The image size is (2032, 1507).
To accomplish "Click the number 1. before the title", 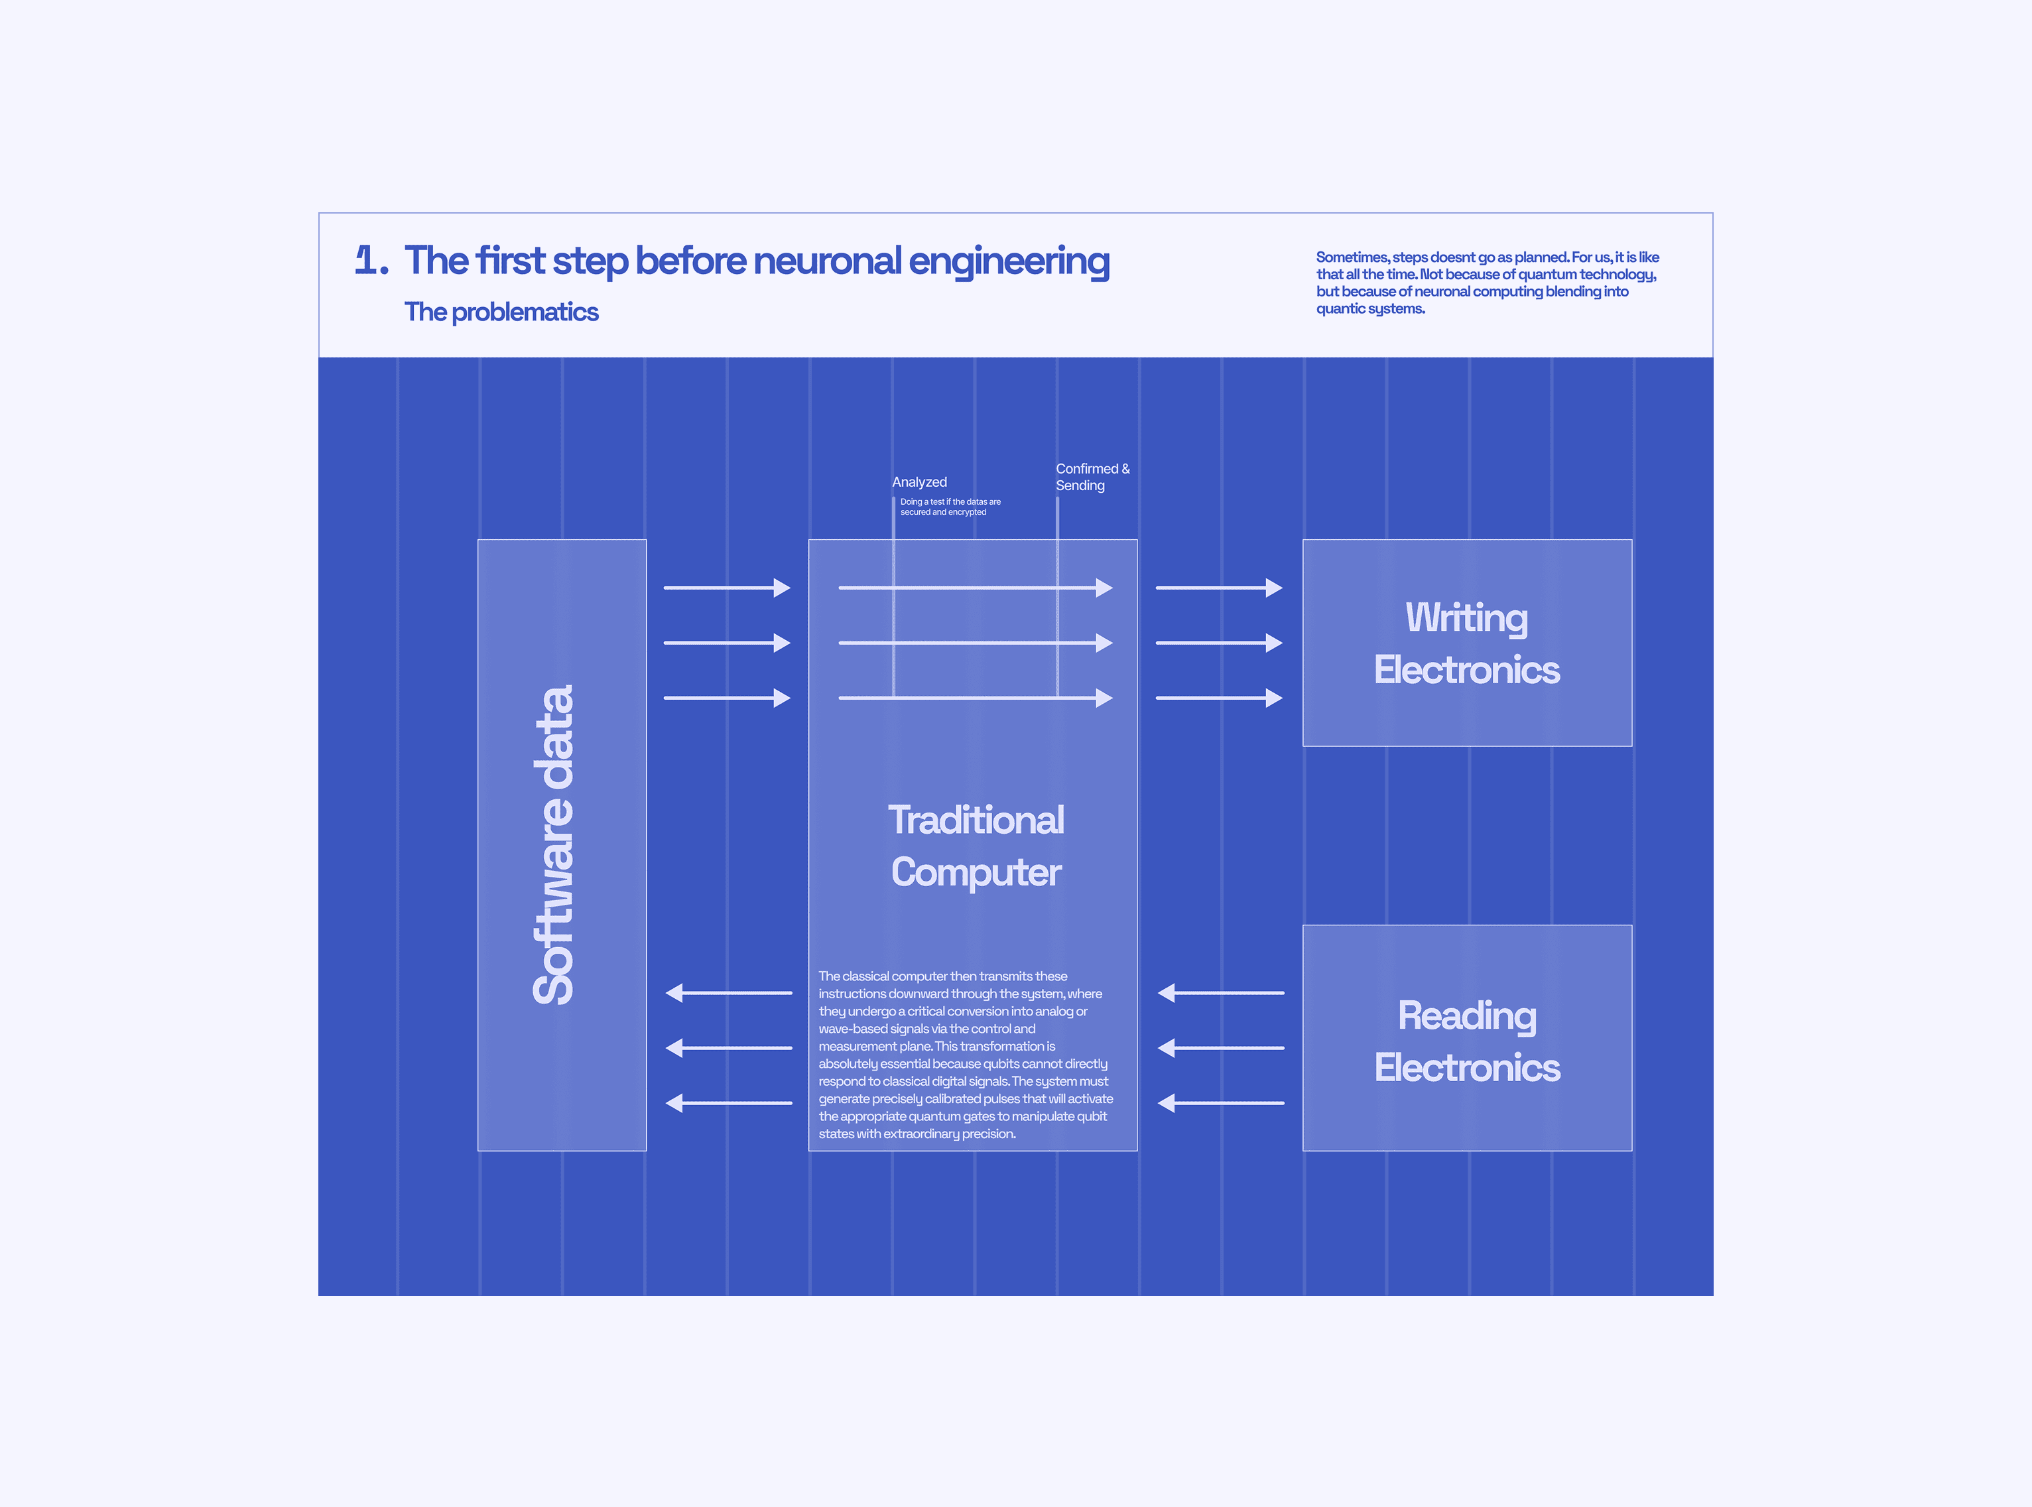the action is coord(371,261).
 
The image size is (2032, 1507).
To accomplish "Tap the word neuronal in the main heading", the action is coord(827,261).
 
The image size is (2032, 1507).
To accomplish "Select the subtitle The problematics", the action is coord(501,312).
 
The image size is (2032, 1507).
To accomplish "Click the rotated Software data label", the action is coord(554,845).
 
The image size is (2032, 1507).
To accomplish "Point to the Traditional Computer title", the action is coord(976,846).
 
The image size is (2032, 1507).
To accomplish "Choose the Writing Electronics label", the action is coord(1466,643).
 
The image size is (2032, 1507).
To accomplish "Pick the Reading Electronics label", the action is coord(1466,1041).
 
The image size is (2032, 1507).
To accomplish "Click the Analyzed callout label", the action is coord(919,482).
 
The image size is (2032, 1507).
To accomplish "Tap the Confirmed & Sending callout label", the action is coord(1092,477).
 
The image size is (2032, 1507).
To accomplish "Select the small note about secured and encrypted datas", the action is coord(950,507).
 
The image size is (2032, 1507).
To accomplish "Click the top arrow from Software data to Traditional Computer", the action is coord(727,588).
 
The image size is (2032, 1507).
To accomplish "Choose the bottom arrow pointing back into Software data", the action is coord(729,1103).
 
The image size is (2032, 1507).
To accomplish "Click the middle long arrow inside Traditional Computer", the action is coord(975,643).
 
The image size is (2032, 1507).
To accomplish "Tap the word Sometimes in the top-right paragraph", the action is coord(1352,257).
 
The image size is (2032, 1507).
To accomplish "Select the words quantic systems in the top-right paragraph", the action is coord(1370,309).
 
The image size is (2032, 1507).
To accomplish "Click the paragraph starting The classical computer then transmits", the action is coord(965,1055).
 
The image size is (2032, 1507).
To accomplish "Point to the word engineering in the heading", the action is coord(1009,261).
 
